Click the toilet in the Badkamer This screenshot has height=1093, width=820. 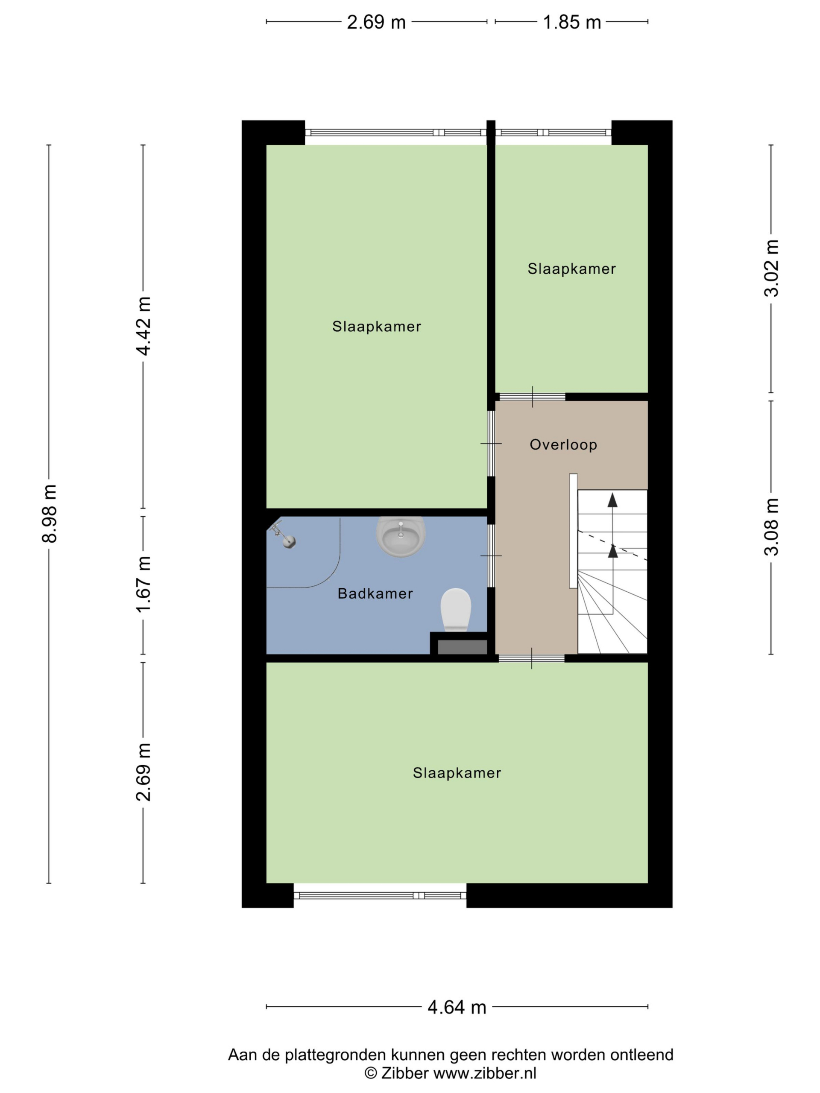click(455, 609)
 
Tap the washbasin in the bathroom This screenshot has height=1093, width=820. click(400, 536)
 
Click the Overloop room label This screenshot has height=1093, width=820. click(563, 444)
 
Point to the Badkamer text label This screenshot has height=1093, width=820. click(375, 593)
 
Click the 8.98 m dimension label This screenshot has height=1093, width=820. click(49, 513)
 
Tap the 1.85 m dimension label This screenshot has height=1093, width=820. click(571, 22)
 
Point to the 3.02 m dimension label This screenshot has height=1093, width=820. click(771, 268)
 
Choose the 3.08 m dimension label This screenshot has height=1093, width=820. click(771, 527)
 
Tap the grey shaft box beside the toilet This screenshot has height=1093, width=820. click(462, 647)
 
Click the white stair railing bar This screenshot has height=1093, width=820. click(573, 531)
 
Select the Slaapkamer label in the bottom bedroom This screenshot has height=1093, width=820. click(457, 772)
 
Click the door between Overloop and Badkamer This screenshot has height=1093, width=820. click(491, 555)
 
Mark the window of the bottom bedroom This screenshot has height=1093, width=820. click(380, 895)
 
